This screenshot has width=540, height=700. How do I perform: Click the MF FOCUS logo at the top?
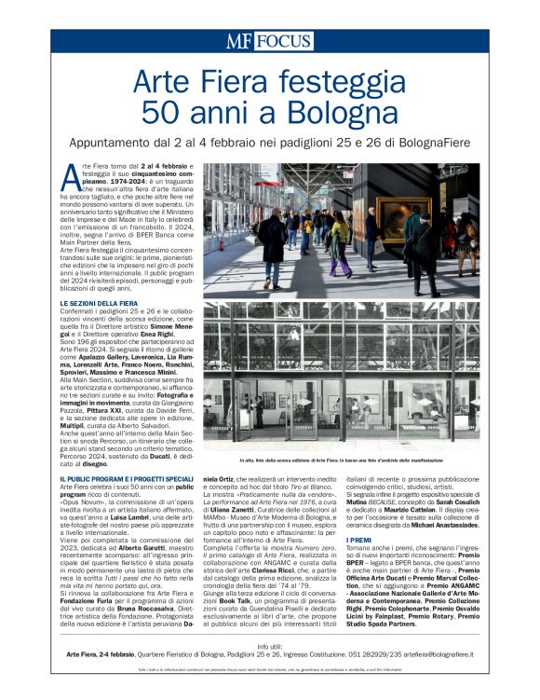269,40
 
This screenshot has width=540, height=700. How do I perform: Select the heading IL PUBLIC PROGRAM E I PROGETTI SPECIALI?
127,478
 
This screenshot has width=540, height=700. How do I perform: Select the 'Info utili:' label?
270,645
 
